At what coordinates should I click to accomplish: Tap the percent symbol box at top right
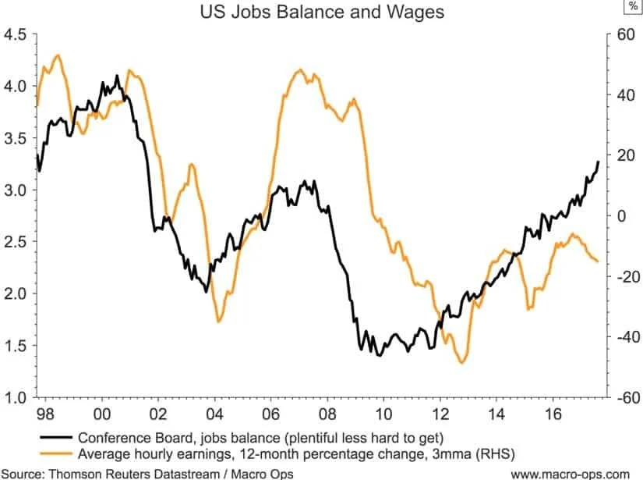pos(629,6)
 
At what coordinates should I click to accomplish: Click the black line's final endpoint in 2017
pos(599,162)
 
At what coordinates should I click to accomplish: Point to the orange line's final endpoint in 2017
pos(598,261)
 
